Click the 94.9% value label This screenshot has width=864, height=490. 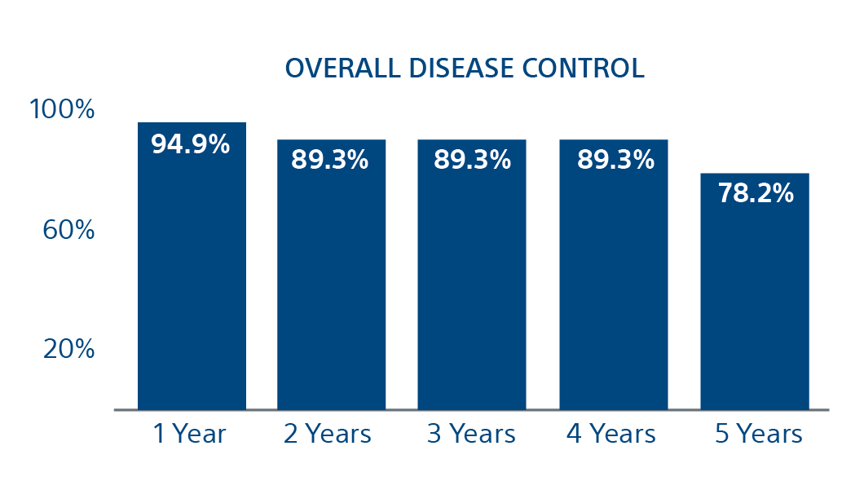[191, 144]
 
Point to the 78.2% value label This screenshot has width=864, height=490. [755, 193]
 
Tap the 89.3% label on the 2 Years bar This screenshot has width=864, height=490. [330, 160]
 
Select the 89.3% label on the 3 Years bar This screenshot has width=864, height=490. [472, 160]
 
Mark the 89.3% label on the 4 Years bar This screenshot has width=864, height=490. [615, 160]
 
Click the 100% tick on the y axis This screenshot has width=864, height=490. [62, 110]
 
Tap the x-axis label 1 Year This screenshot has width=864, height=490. [190, 435]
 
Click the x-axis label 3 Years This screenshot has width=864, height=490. [471, 435]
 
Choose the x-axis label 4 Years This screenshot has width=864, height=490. [612, 435]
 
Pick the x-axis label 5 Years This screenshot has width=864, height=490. [759, 435]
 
